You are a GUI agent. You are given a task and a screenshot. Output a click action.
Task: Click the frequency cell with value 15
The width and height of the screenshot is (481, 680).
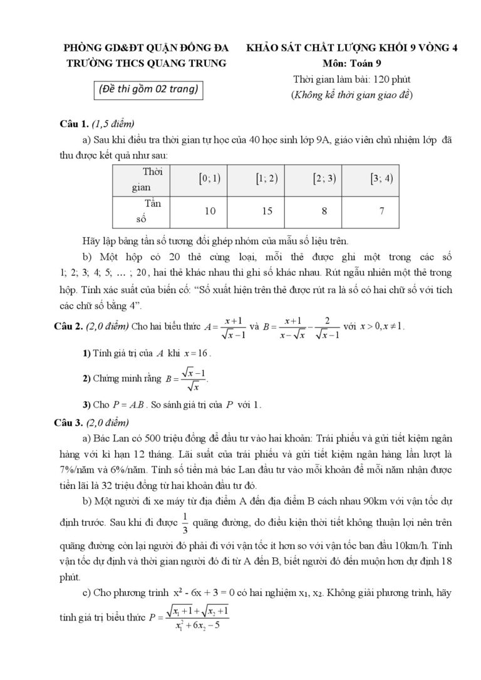267,212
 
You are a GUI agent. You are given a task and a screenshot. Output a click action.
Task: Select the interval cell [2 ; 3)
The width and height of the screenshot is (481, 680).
324,178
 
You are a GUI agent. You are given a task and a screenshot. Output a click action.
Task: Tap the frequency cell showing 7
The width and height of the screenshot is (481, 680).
381,212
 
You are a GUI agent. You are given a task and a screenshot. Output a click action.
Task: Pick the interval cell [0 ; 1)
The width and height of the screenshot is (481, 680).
210,178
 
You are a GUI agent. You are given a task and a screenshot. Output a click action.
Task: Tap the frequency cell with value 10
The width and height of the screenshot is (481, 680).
210,212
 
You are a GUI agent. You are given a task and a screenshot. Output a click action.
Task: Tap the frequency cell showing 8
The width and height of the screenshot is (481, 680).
324,212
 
